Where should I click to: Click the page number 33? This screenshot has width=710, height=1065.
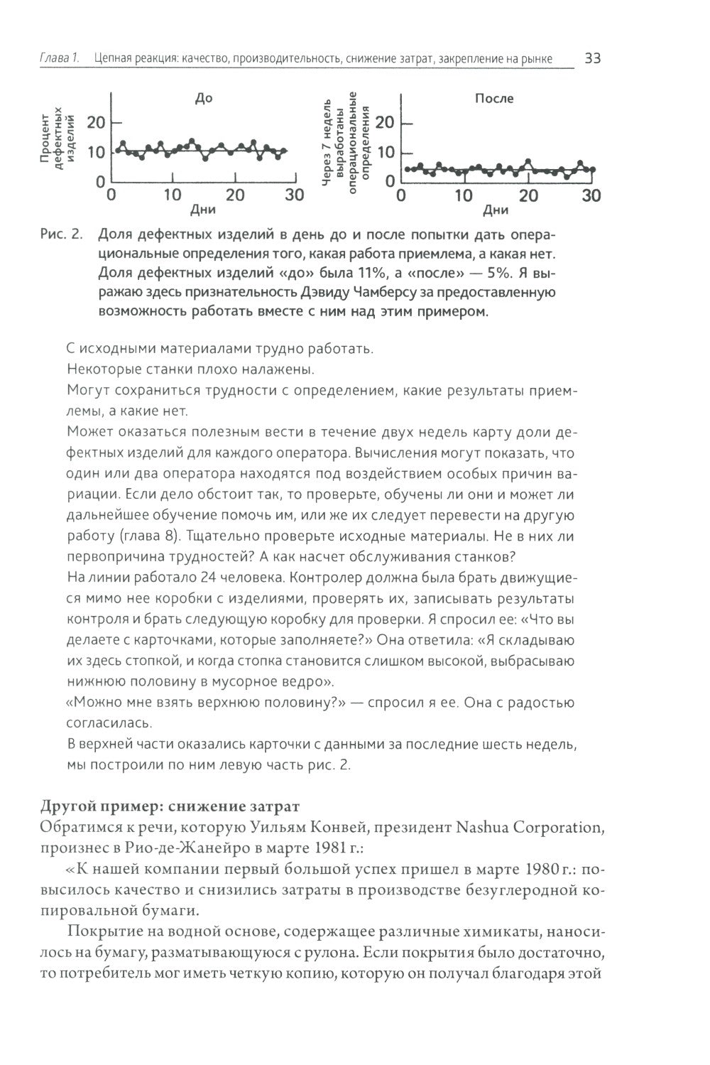pos(592,58)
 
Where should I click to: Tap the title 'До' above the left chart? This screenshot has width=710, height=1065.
pos(203,99)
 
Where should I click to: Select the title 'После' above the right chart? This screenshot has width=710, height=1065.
pos(494,99)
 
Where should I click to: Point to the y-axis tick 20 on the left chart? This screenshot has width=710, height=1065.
pos(95,123)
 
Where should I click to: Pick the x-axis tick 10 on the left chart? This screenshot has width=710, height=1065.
pos(173,195)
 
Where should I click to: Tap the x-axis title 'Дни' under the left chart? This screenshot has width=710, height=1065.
pos(203,211)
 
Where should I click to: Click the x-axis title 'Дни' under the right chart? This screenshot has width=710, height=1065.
pos(495,211)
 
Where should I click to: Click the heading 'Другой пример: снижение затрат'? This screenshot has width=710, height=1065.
pos(170,806)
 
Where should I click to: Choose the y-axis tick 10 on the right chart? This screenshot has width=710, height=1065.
pos(385,153)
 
